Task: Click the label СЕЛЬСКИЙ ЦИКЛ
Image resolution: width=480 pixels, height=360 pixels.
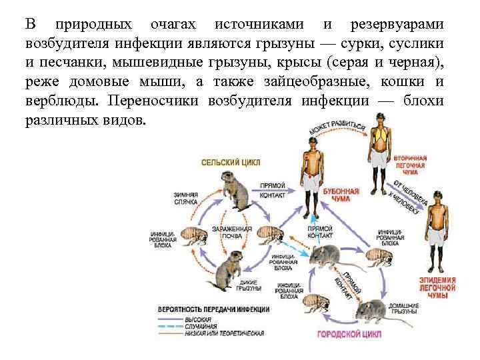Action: pos(233,161)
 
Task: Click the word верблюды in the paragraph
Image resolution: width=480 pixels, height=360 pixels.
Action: pos(60,104)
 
